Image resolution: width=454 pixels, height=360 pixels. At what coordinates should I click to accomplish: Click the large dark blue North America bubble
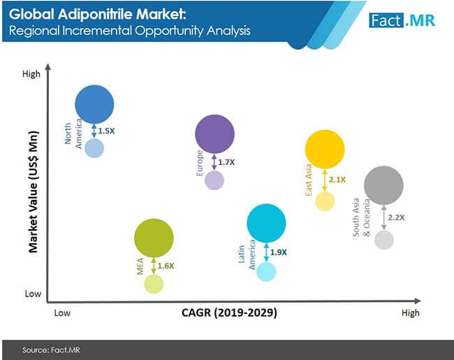94,104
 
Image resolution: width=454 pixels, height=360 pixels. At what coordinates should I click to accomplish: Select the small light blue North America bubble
94,148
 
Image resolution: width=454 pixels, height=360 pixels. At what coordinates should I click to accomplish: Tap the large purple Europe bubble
215,134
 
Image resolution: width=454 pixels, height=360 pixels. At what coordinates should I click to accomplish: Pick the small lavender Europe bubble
214,180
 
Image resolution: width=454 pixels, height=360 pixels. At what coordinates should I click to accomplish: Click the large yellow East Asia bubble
325,149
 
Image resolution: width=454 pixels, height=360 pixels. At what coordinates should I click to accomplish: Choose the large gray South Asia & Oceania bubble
383,185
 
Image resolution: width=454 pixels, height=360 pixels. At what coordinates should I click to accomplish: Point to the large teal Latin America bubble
266,223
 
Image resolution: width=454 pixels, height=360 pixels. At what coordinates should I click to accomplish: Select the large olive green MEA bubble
154,238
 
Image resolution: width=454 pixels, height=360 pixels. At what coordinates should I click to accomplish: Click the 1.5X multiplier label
107,131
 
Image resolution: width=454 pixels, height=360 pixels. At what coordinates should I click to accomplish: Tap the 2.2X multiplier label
397,217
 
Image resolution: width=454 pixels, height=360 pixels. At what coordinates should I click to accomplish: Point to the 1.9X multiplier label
279,252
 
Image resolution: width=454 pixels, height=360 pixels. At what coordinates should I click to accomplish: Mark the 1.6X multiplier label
166,266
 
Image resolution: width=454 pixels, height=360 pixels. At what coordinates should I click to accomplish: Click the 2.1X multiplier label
337,180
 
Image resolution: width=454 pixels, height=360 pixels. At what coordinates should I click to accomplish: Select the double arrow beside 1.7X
214,162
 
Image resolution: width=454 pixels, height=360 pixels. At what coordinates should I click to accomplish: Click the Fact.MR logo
402,20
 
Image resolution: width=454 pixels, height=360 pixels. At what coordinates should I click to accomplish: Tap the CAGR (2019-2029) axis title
229,312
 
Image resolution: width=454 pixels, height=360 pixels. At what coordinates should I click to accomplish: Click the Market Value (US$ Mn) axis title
34,192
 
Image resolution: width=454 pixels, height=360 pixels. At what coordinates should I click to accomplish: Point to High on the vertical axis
31,74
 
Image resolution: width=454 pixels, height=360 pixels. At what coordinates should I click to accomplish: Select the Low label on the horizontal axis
62,313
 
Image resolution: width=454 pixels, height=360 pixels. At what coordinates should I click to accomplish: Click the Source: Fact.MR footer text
51,350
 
